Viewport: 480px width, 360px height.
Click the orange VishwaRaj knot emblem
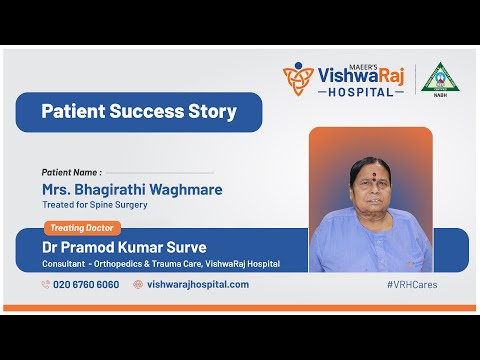pyautogui.click(x=298, y=79)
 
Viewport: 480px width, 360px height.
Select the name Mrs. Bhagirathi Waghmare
pyautogui.click(x=132, y=189)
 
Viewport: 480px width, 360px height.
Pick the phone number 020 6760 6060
pyautogui.click(x=86, y=284)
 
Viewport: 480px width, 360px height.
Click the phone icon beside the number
pyautogui.click(x=46, y=284)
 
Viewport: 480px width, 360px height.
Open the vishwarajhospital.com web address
pyautogui.click(x=198, y=284)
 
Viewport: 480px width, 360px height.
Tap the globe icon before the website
pyautogui.click(x=138, y=284)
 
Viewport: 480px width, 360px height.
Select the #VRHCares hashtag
pyautogui.click(x=411, y=284)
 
